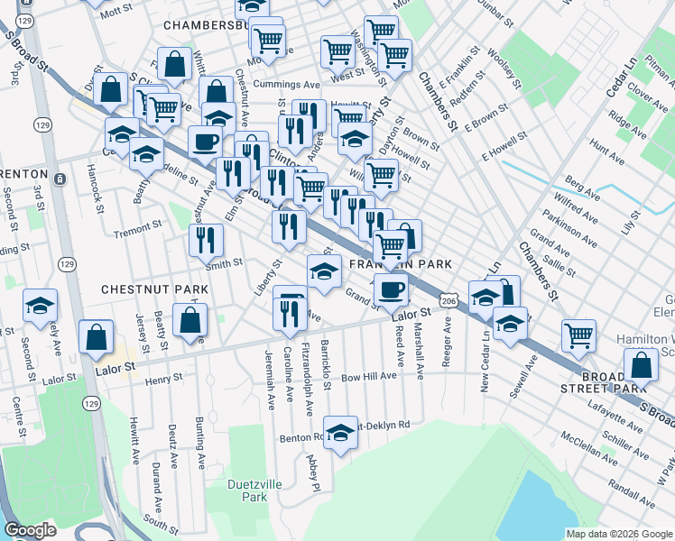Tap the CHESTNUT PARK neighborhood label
pos(154,289)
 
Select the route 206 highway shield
pos(447,298)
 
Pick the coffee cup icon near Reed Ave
pos(391,289)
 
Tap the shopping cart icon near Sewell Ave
pos(578,335)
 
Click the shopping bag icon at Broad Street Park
pos(641,365)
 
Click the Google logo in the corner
pos(31,530)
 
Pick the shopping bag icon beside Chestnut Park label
pos(190,321)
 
